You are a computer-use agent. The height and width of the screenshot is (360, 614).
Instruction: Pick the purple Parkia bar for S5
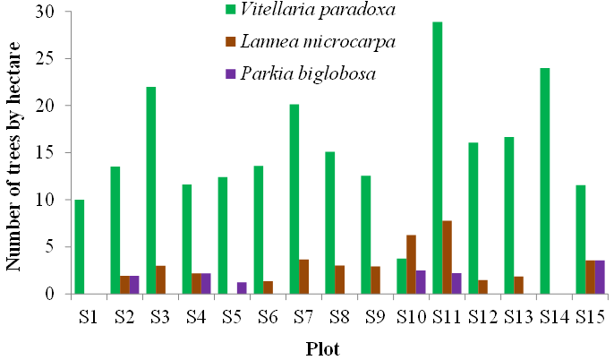coord(242,287)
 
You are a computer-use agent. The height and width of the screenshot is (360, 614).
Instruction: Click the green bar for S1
coord(80,246)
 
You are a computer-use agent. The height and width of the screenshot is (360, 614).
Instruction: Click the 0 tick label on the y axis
coord(50,294)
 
